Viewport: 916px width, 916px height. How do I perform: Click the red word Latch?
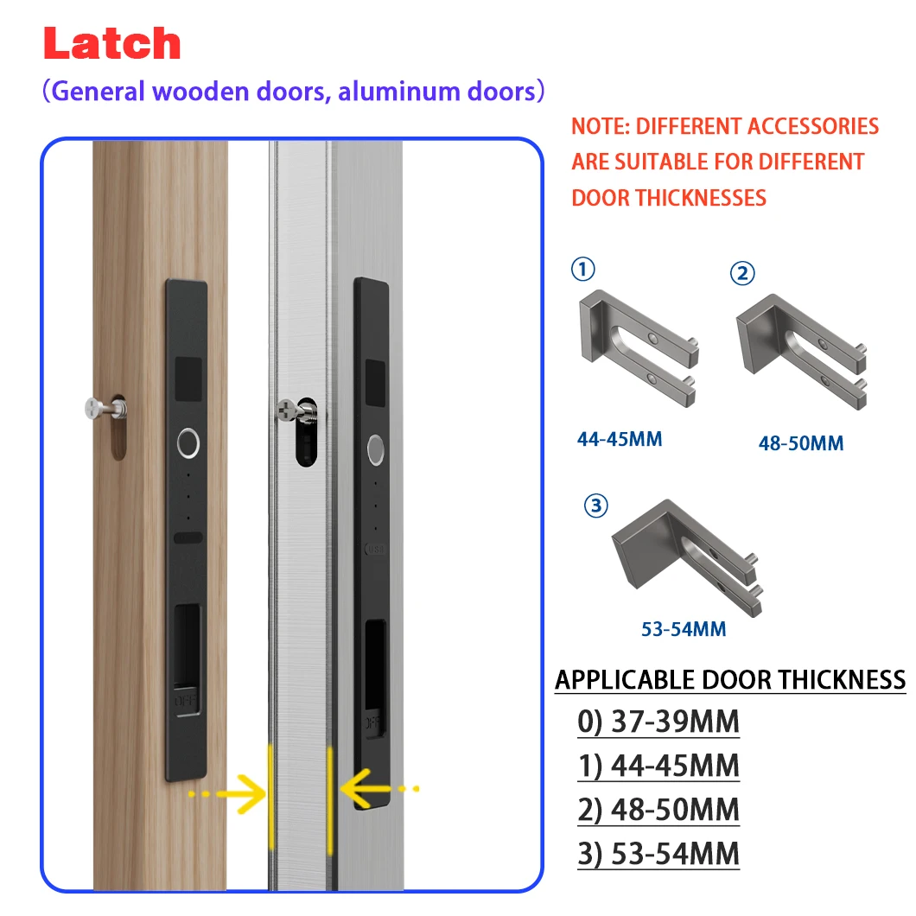point(112,43)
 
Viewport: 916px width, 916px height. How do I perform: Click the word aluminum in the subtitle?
point(398,92)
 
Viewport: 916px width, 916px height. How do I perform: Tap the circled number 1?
point(582,270)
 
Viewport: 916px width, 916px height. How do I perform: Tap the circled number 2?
point(742,273)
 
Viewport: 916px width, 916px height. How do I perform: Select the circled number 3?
point(596,506)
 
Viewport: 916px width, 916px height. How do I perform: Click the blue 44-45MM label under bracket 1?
point(620,439)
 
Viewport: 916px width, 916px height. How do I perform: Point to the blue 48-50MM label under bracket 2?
point(801,443)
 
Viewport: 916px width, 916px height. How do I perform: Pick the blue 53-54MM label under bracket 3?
point(684,629)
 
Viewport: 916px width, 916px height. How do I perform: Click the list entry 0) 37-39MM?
point(658,722)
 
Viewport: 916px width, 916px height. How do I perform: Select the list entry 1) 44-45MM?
point(658,766)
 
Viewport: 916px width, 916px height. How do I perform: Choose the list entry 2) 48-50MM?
point(658,810)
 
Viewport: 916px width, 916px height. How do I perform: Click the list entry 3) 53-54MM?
point(658,854)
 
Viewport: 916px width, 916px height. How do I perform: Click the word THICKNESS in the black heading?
point(842,680)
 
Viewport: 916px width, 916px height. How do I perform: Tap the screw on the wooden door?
point(104,408)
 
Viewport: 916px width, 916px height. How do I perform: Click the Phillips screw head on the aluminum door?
point(287,410)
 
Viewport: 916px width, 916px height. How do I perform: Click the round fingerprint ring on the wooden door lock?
point(188,442)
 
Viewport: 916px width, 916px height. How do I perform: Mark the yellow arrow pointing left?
point(379,789)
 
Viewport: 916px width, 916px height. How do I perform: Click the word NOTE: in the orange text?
point(601,126)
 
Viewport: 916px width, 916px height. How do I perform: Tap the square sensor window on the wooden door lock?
point(188,378)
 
